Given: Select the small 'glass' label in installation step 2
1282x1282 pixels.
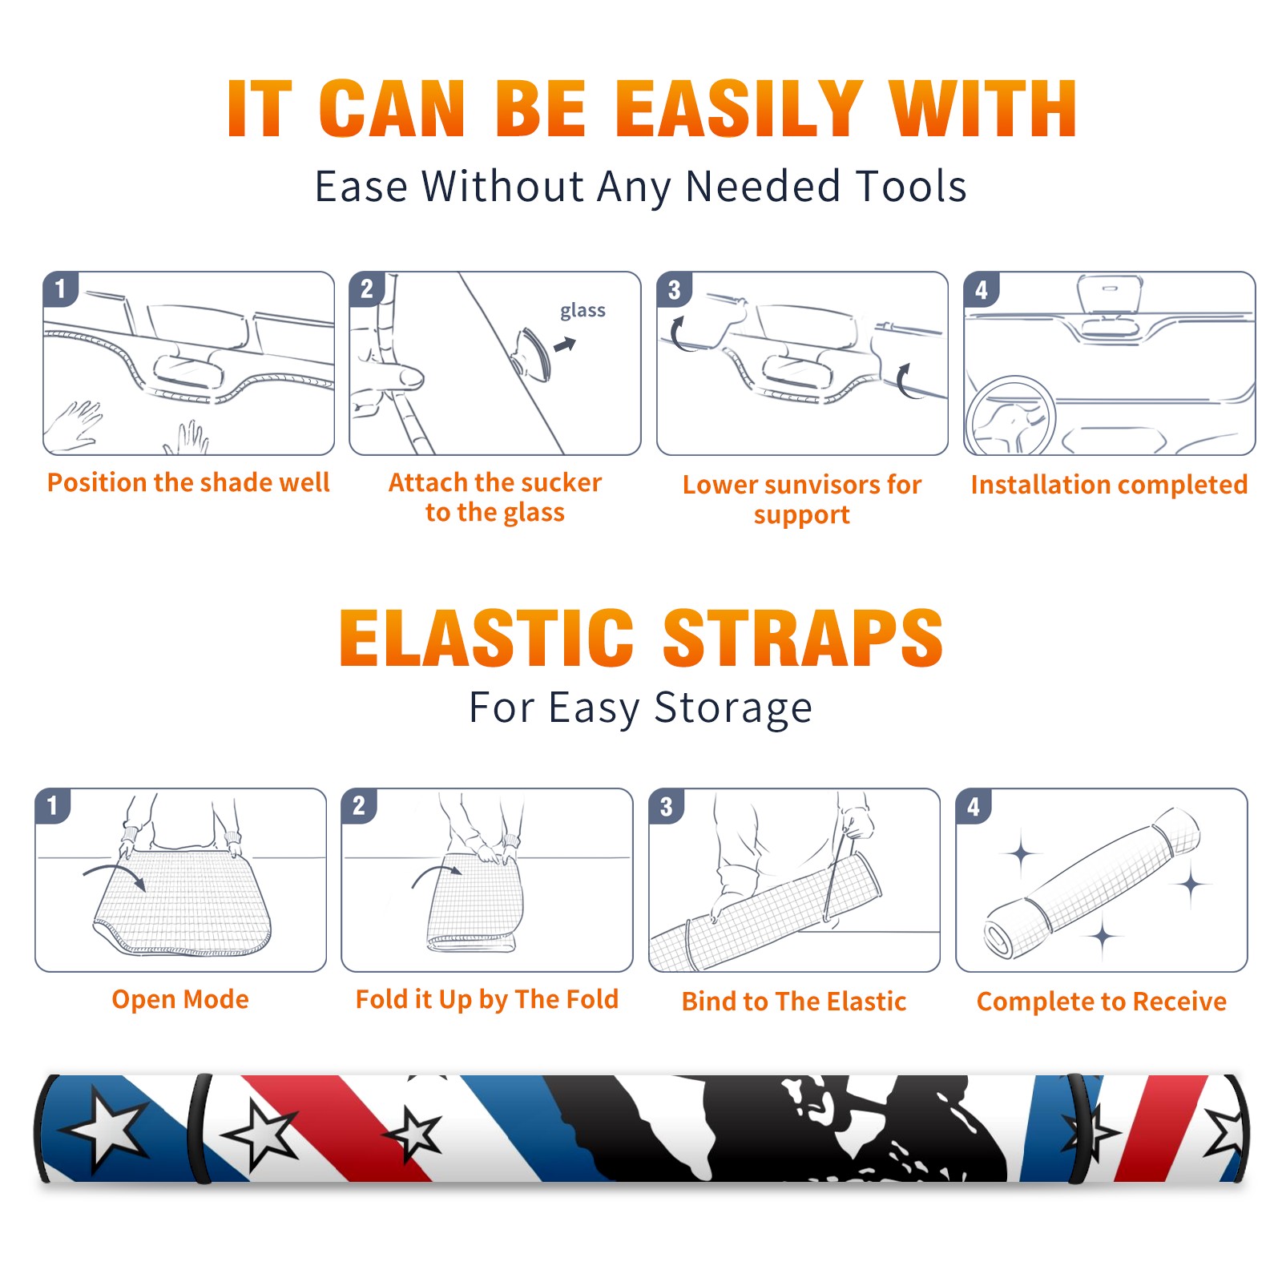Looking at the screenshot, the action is pyautogui.click(x=583, y=311).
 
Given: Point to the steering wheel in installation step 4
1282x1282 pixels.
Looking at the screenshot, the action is pyautogui.click(x=1011, y=416).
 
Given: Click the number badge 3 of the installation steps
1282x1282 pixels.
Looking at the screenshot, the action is pyautogui.click(x=674, y=289).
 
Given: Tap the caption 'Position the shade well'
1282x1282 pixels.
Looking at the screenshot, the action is pyautogui.click(x=188, y=482).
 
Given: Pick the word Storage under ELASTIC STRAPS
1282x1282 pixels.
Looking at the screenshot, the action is pyautogui.click(x=733, y=708).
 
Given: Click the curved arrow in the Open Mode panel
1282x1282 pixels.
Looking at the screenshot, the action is pyautogui.click(x=114, y=875).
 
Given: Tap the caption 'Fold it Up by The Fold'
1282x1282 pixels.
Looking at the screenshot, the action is pyautogui.click(x=487, y=999).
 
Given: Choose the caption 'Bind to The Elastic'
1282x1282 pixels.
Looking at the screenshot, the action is pyautogui.click(x=794, y=1001).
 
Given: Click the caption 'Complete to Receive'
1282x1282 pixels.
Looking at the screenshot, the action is pyautogui.click(x=1102, y=1001).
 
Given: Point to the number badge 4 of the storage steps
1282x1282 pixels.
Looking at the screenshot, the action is pyautogui.click(x=974, y=807).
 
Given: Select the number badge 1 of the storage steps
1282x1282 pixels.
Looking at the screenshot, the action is pyautogui.click(x=53, y=806).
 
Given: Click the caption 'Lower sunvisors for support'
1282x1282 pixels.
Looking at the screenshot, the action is pyautogui.click(x=802, y=499).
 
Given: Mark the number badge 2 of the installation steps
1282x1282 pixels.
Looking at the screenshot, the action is pyautogui.click(x=367, y=289).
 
